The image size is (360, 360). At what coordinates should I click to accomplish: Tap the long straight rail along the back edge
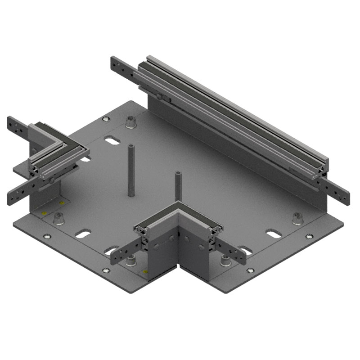point(234,117)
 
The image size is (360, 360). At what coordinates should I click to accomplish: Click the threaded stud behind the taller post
point(131,121)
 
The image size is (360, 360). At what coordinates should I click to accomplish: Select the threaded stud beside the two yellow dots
point(58,219)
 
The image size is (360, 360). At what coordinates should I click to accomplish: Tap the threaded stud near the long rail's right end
point(297,218)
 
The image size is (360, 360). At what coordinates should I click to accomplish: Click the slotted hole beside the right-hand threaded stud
point(273,233)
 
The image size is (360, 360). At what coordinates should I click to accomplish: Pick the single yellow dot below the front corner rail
point(145,272)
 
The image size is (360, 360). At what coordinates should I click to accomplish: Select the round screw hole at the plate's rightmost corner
point(309,236)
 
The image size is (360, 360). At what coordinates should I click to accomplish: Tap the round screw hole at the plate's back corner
point(106,119)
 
